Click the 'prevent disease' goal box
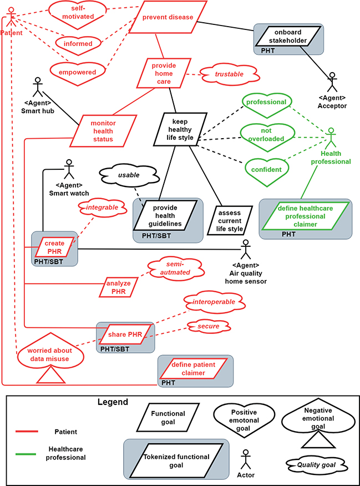168,17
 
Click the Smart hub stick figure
38,85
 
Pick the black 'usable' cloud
128,175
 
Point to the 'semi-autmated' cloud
175,269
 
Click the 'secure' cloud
208,326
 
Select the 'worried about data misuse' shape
50,355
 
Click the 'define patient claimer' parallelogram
192,369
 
